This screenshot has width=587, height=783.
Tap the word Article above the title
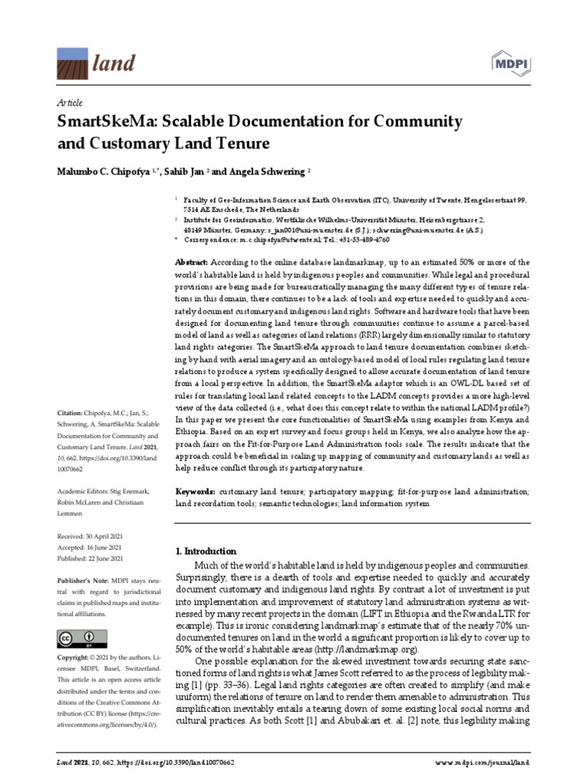point(70,102)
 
